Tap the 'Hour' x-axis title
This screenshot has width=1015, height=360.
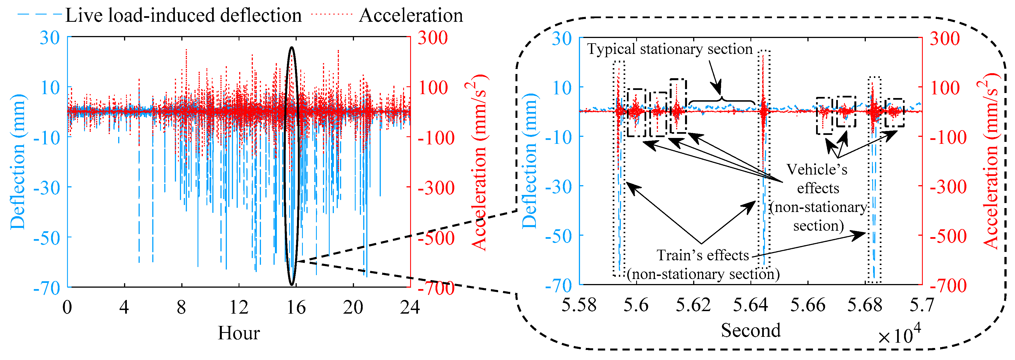coord(239,333)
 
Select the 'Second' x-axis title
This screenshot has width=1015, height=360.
coord(751,330)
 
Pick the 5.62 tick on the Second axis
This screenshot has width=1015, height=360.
coord(693,305)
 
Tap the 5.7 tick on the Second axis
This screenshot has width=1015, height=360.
coord(921,305)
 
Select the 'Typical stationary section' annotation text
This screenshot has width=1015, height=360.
coord(670,49)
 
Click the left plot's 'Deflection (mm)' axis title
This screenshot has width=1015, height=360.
coord(18,161)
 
